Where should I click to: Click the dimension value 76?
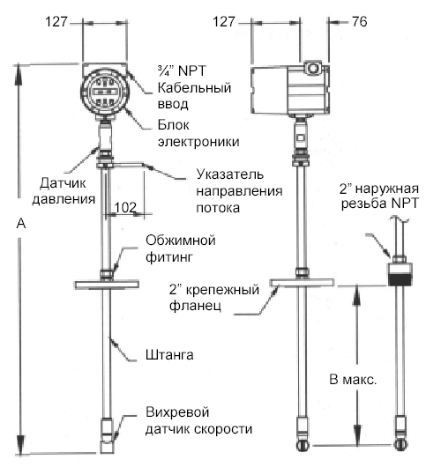360,21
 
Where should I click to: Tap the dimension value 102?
125,207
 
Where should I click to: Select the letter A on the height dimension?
21,223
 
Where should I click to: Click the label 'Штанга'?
169,355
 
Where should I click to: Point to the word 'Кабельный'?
194,87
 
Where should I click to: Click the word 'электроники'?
198,142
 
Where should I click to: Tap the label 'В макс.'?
353,380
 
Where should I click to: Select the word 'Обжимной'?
181,240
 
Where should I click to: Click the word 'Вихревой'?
177,412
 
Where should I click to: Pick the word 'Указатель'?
230,174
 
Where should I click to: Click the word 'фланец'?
195,306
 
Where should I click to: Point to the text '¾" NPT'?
182,70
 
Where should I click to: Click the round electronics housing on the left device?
105,92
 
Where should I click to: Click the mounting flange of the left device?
107,285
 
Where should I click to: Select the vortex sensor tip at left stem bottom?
107,435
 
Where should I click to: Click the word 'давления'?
64,199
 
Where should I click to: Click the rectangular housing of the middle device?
290,90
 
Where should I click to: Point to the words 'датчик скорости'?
198,429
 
